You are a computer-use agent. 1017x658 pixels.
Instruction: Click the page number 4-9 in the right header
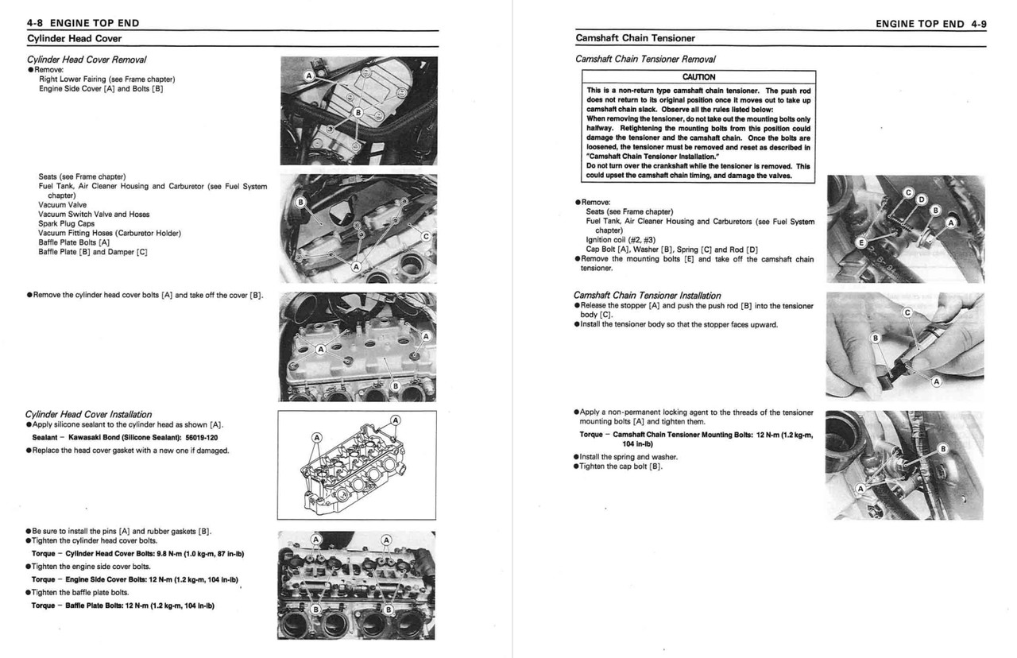pyautogui.click(x=978, y=24)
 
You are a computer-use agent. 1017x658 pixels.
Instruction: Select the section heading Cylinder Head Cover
pyautogui.click(x=74, y=37)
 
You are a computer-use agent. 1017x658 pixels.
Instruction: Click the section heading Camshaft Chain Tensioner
pyautogui.click(x=635, y=37)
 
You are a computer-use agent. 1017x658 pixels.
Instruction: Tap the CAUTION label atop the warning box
pyautogui.click(x=698, y=77)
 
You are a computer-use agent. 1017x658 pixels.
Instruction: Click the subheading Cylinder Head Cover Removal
pyautogui.click(x=86, y=59)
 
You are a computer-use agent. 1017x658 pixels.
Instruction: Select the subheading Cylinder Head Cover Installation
pyautogui.click(x=88, y=414)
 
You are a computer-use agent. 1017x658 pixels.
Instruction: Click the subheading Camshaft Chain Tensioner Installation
pyautogui.click(x=647, y=295)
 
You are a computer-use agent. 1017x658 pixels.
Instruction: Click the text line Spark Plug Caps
pyautogui.click(x=66, y=223)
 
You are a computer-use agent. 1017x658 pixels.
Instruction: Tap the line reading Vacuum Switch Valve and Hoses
pyautogui.click(x=93, y=214)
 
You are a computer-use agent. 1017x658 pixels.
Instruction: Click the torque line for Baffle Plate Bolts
pyautogui.click(x=123, y=606)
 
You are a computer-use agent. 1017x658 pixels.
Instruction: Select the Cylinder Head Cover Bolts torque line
pyautogui.click(x=137, y=553)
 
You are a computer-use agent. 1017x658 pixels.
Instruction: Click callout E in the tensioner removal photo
pyautogui.click(x=860, y=241)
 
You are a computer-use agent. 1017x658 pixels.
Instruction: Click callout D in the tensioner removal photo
pyautogui.click(x=922, y=199)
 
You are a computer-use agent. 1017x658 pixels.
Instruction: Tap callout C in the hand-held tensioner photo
pyautogui.click(x=907, y=312)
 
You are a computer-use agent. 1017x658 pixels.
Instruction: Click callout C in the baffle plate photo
pyautogui.click(x=425, y=237)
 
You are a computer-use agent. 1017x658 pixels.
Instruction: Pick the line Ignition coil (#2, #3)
pyautogui.click(x=621, y=239)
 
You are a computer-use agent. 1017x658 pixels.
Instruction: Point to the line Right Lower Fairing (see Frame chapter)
pyautogui.click(x=106, y=79)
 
